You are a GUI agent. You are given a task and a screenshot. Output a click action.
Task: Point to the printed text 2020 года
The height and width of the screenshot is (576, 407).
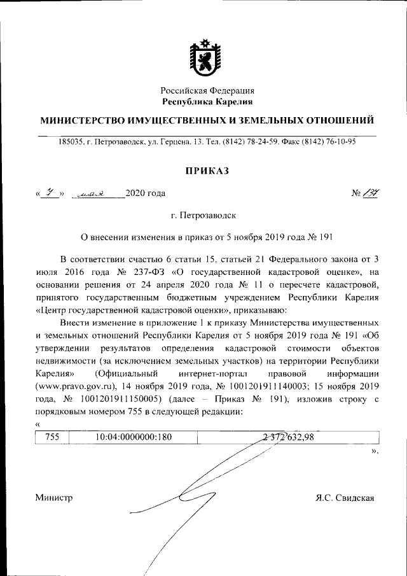point(146,193)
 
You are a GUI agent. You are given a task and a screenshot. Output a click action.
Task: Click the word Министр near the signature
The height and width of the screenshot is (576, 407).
point(54,498)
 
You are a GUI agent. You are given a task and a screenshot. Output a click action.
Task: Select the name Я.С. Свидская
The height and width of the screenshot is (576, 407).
point(344,498)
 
